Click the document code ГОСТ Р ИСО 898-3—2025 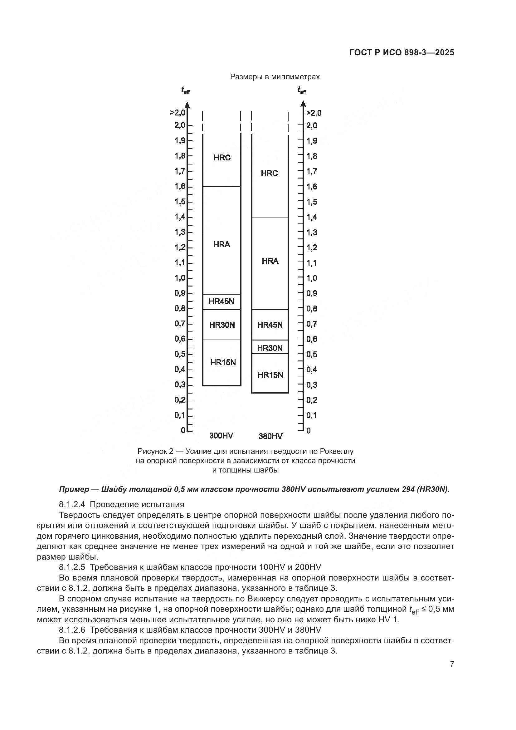(x=402, y=53)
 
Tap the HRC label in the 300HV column (x=222, y=158)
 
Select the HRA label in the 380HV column (x=270, y=261)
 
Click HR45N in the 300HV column (x=221, y=302)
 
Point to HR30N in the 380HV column (x=270, y=348)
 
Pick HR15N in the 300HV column (x=223, y=362)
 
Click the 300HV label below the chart (x=221, y=436)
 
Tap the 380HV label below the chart (x=270, y=436)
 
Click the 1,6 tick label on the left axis (x=180, y=186)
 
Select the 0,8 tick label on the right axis (x=312, y=309)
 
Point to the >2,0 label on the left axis (x=178, y=113)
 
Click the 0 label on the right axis (x=309, y=431)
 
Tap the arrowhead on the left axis (x=187, y=105)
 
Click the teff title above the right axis (x=302, y=91)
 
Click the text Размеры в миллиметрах (x=275, y=77)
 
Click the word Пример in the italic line (x=74, y=490)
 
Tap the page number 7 (x=452, y=664)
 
